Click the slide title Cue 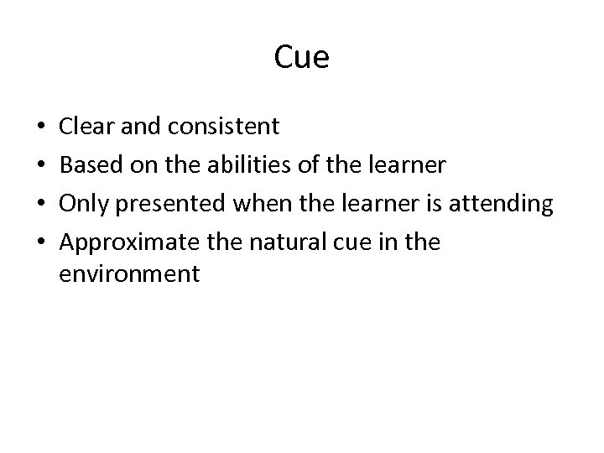[302, 59]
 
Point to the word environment [130, 274]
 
